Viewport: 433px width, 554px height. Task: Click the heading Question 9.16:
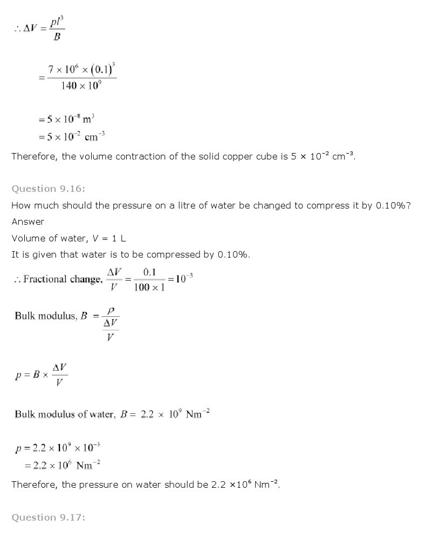[x=49, y=189]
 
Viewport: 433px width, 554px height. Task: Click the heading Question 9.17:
[x=49, y=517]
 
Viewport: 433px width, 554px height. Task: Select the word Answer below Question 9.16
[x=28, y=221]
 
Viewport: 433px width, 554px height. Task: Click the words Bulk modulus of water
[x=64, y=414]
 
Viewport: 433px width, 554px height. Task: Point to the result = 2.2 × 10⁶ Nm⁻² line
[x=65, y=465]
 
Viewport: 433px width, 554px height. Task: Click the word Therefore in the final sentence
[x=35, y=484]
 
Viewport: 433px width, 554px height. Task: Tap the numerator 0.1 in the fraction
[x=149, y=272]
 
